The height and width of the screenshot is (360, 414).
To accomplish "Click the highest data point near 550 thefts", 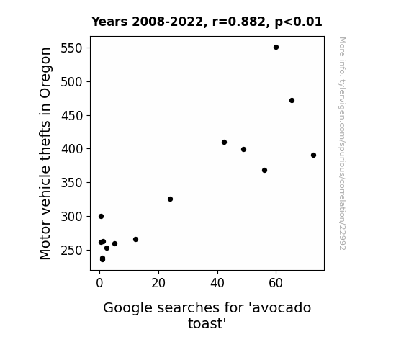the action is pyautogui.click(x=276, y=48).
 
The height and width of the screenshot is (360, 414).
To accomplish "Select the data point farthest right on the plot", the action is pyautogui.click(x=313, y=155).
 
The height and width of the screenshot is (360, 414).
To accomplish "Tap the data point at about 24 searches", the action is pyautogui.click(x=171, y=199).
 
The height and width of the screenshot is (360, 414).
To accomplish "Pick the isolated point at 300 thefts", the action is pyautogui.click(x=101, y=216).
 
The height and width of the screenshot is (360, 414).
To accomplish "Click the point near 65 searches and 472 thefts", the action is pyautogui.click(x=292, y=100).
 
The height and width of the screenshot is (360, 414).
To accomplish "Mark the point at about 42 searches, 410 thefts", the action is pyautogui.click(x=224, y=142).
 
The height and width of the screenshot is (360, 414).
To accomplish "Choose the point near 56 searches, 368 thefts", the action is pyautogui.click(x=264, y=170).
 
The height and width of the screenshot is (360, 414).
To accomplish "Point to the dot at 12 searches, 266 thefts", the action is pyautogui.click(x=135, y=239).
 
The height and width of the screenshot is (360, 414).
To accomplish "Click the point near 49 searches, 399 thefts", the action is pyautogui.click(x=243, y=149).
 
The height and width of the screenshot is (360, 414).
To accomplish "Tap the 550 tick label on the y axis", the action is pyautogui.click(x=72, y=48).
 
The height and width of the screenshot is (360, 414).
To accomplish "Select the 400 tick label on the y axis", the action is pyautogui.click(x=72, y=149).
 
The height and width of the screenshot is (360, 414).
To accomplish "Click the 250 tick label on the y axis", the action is pyautogui.click(x=72, y=250).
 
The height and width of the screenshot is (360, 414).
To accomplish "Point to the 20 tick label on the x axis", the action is pyautogui.click(x=158, y=283).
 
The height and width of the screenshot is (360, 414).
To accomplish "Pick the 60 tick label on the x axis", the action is pyautogui.click(x=276, y=283).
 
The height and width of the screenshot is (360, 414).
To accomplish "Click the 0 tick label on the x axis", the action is pyautogui.click(x=99, y=283).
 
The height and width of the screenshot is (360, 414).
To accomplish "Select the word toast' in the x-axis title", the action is pyautogui.click(x=207, y=323).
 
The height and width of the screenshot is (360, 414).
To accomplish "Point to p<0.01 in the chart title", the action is pyautogui.click(x=298, y=22).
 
